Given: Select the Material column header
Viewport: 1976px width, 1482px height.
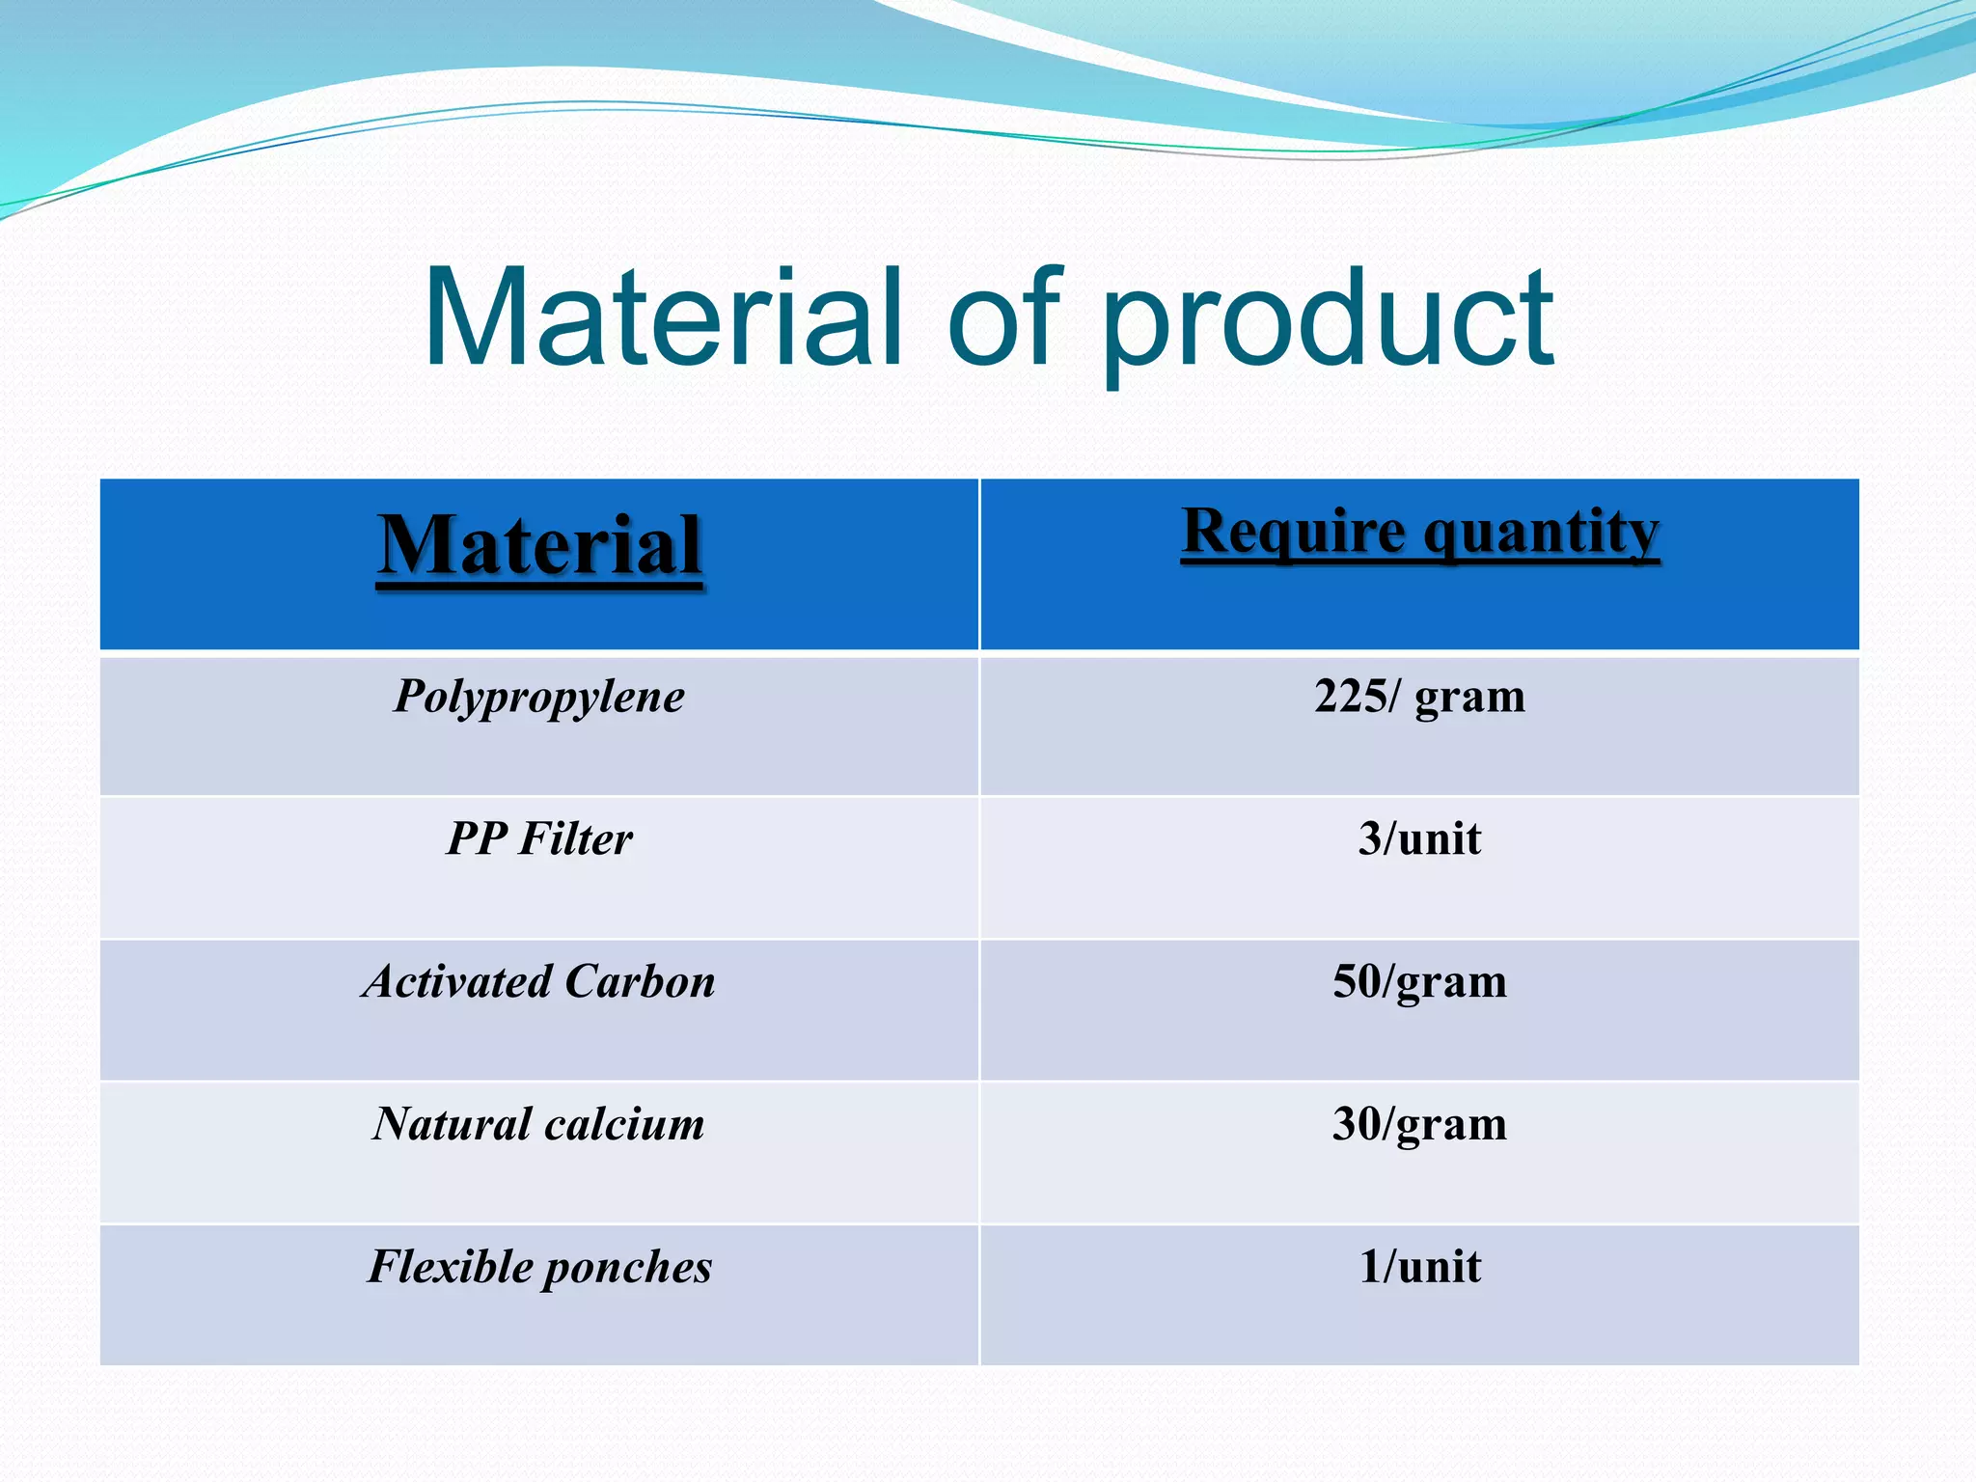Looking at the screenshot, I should click(539, 546).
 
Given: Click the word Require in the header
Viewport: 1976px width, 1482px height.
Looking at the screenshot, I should click(1294, 533).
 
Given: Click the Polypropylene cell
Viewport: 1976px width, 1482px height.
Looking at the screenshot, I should click(539, 698).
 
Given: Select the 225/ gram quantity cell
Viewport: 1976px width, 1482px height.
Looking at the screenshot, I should click(1419, 696).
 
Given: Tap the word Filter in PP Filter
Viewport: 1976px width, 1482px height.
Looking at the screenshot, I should click(575, 838).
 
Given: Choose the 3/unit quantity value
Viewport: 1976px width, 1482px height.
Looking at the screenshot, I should click(1419, 838).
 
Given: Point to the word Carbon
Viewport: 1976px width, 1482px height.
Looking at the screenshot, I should click(640, 981).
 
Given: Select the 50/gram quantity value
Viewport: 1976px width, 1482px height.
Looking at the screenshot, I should click(1419, 982).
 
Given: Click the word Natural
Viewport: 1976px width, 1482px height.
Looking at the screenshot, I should click(452, 1124).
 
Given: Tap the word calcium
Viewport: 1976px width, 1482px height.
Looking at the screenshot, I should click(623, 1124).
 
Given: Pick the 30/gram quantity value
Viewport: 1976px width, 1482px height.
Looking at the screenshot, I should click(1419, 1125).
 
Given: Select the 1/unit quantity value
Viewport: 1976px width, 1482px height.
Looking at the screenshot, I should click(1419, 1267).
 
